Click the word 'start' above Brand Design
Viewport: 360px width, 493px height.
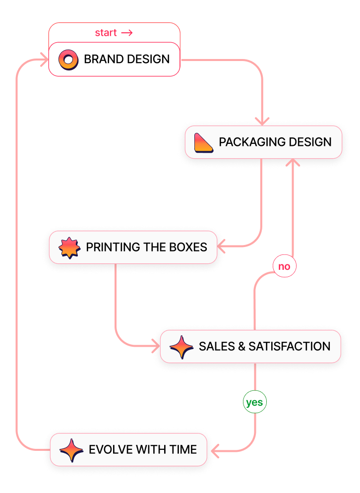pos(106,33)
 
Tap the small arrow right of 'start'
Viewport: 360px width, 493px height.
pos(127,33)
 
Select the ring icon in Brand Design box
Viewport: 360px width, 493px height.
pos(68,60)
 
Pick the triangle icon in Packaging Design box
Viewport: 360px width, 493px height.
pos(204,143)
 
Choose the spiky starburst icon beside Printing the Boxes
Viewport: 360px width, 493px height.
pos(69,247)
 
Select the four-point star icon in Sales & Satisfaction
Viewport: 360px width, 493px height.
pos(181,347)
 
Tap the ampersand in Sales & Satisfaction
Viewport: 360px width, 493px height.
pos(241,346)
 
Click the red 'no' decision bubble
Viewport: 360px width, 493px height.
pos(284,266)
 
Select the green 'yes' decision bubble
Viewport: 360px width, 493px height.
pos(254,402)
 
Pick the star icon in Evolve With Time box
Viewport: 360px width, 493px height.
pos(71,450)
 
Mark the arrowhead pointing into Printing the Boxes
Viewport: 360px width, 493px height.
pos(221,246)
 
